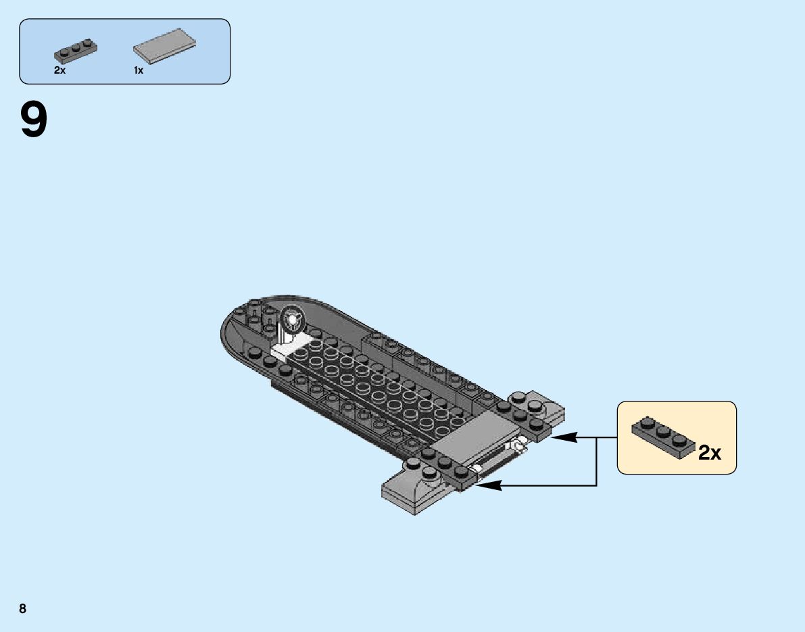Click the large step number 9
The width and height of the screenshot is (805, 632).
(34, 120)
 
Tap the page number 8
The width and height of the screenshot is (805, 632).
(23, 608)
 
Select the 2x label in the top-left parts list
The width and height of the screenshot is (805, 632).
(59, 70)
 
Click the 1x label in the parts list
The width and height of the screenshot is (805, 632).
(138, 70)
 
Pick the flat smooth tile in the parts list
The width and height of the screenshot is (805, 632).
(164, 49)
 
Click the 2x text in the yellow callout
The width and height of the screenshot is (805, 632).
(709, 453)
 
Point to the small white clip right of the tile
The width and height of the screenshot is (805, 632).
(519, 446)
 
